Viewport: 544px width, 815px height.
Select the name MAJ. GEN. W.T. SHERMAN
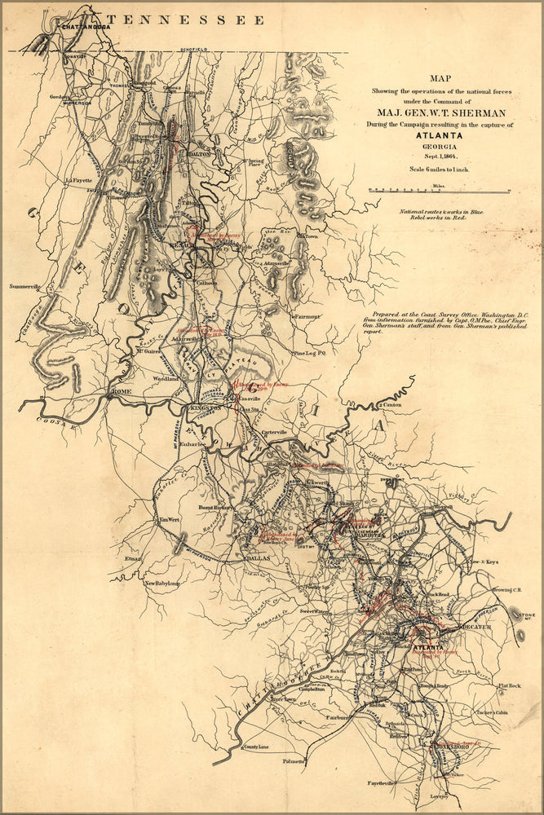(441, 112)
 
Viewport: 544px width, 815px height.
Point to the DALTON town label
(200, 153)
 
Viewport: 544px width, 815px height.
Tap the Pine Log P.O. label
(309, 354)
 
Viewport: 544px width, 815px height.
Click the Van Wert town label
(169, 520)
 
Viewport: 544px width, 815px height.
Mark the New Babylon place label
(162, 584)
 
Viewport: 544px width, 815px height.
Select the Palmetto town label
(294, 761)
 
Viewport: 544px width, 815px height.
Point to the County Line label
(256, 747)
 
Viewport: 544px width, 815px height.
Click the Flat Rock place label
(510, 686)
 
